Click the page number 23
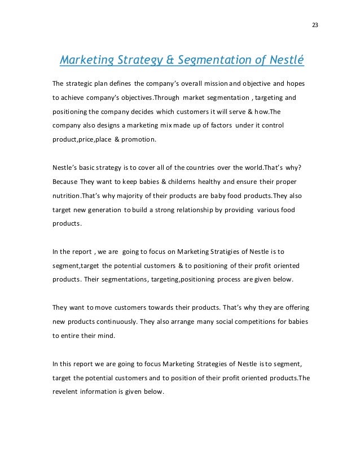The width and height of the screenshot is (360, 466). pyautogui.click(x=315, y=25)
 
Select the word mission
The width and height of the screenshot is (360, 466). pyautogui.click(x=227, y=83)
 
